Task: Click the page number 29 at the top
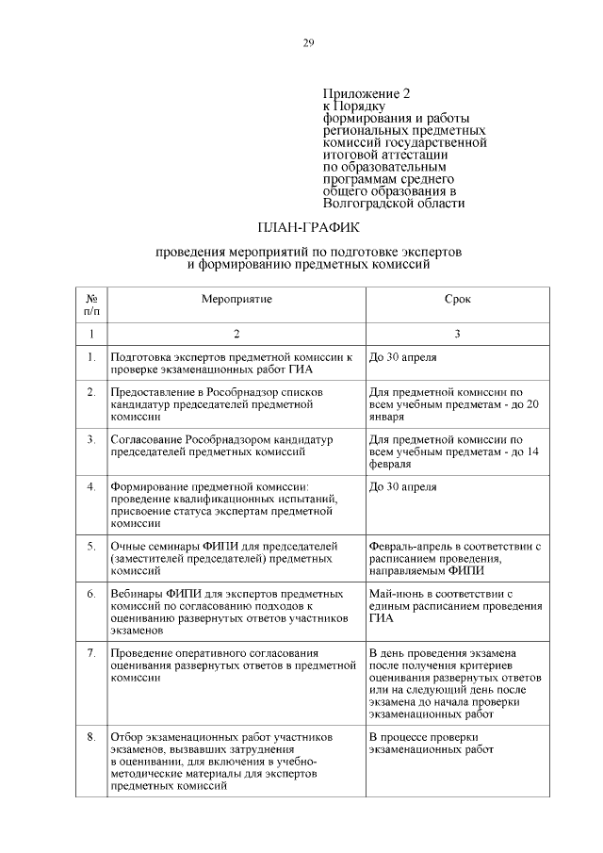point(307,42)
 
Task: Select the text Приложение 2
point(367,94)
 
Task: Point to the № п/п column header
point(91,303)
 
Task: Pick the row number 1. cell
point(91,358)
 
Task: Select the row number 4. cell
point(91,487)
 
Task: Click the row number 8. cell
point(91,736)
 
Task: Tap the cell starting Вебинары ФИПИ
point(231,614)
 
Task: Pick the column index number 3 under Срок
point(457,334)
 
